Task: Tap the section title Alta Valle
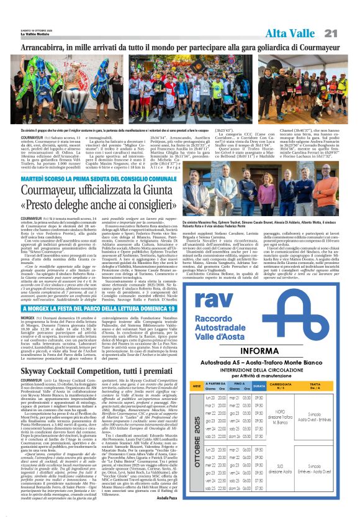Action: [290, 33]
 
